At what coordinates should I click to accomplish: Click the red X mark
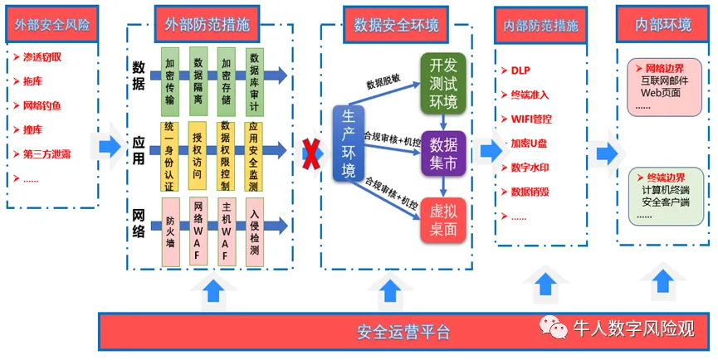311,153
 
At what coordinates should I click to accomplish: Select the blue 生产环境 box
349,144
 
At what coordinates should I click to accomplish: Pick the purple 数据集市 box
440,153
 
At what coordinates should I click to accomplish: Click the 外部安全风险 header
51,24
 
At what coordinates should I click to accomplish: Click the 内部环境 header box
663,24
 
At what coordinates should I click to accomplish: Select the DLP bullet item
520,71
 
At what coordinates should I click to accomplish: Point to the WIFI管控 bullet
530,119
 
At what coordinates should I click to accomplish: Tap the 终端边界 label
665,178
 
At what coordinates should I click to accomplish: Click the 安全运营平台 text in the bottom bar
403,333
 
